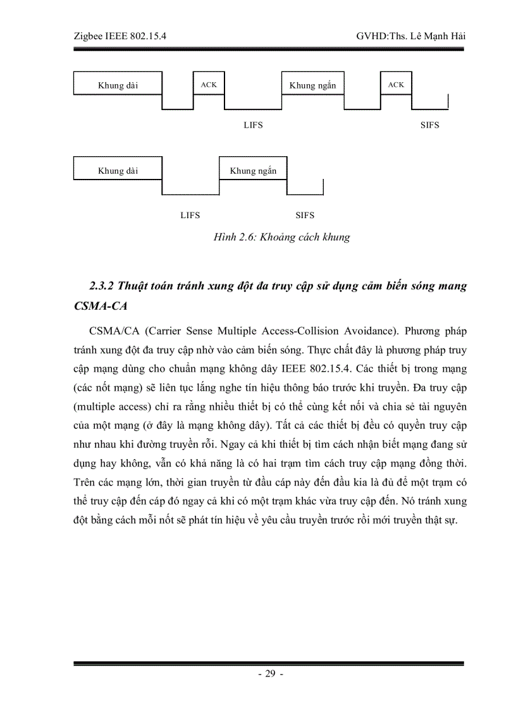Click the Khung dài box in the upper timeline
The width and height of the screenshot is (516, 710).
118,85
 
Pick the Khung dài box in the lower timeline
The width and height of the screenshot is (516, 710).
118,171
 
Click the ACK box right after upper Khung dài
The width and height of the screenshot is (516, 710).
208,84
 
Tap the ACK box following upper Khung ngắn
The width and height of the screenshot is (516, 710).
396,84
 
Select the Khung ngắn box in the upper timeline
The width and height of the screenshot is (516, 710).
312,85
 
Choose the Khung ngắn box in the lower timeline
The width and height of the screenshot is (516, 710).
253,171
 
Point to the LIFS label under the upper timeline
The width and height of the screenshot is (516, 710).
253,125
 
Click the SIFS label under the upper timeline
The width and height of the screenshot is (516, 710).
429,125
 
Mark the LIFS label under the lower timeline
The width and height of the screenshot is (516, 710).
190,216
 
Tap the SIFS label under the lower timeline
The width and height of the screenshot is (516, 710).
305,216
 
